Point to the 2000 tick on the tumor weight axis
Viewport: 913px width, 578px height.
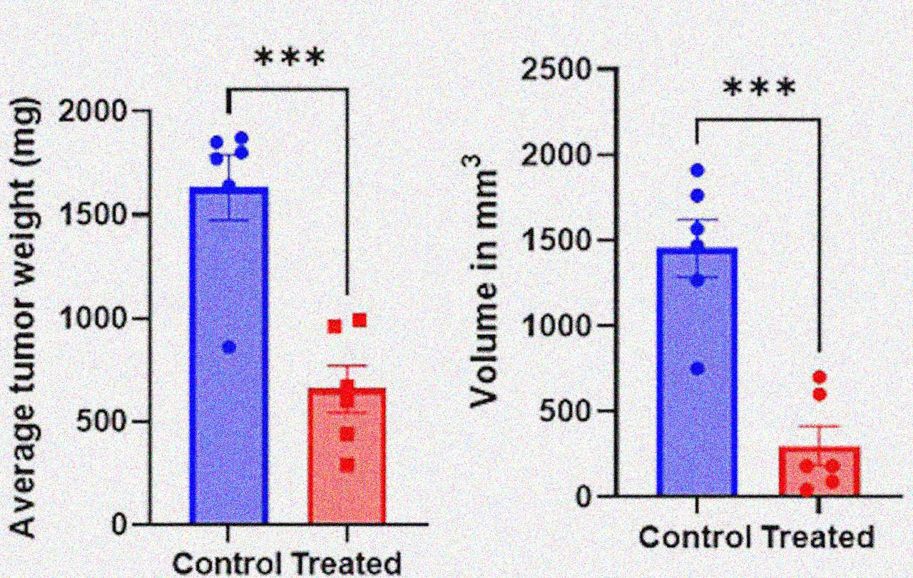tap(106, 112)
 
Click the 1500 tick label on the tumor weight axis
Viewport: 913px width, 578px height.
tap(106, 215)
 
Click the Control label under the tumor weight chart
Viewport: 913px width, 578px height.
tap(229, 564)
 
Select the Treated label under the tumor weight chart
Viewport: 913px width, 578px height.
tap(348, 564)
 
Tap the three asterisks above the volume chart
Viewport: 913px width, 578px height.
tap(759, 89)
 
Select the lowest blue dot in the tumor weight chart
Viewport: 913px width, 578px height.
tap(229, 347)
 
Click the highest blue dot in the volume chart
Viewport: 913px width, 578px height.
tap(698, 170)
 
